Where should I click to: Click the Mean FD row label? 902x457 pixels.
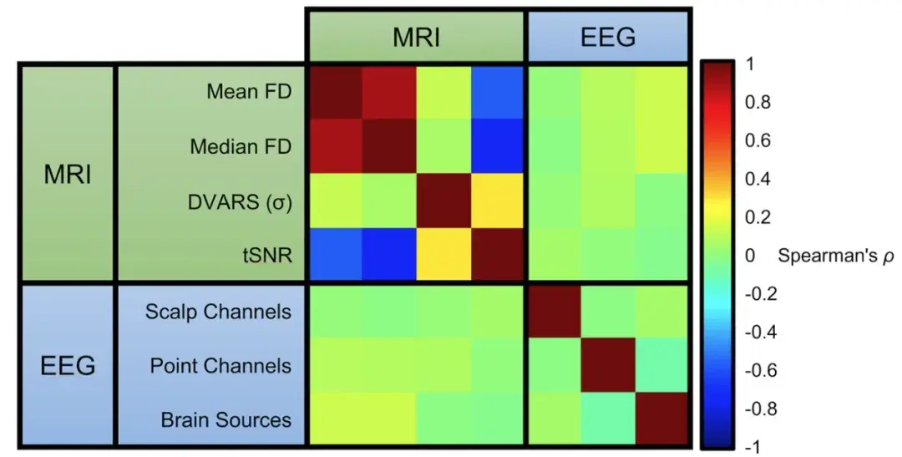pyautogui.click(x=249, y=92)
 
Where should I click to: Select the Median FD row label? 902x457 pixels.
pyautogui.click(x=241, y=146)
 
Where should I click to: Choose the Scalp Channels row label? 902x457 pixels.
pyautogui.click(x=218, y=312)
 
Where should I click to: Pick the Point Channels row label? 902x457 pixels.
pyautogui.click(x=220, y=366)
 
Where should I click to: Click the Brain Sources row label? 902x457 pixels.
pyautogui.click(x=226, y=419)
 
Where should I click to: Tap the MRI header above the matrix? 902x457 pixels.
pyautogui.click(x=416, y=36)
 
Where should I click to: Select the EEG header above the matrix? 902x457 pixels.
pyautogui.click(x=607, y=36)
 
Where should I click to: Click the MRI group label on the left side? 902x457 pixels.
pyautogui.click(x=68, y=175)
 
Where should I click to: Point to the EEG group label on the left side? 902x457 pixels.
pyautogui.click(x=68, y=366)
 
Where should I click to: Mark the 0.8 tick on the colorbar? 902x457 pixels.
pyautogui.click(x=758, y=103)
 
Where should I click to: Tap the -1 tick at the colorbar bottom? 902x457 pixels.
pyautogui.click(x=753, y=447)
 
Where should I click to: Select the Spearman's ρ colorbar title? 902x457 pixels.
pyautogui.click(x=835, y=256)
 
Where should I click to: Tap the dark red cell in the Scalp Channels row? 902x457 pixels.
pyautogui.click(x=553, y=312)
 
